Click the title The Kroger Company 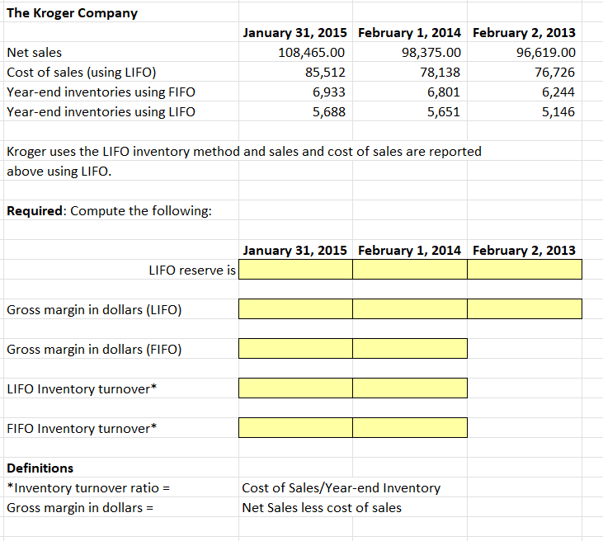(72, 13)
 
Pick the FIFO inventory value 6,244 (558, 92)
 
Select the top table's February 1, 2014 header (409, 33)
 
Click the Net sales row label (34, 53)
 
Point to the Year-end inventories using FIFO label (101, 92)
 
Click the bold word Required (35, 210)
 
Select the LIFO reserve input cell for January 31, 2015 (295, 270)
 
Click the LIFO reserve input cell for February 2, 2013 (525, 270)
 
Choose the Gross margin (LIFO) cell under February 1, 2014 (409, 309)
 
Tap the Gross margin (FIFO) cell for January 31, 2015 (295, 349)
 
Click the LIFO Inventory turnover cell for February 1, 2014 (409, 388)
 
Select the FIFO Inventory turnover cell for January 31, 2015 (295, 428)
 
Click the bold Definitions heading (40, 468)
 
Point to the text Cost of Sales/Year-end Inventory (341, 488)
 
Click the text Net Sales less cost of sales (322, 508)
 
